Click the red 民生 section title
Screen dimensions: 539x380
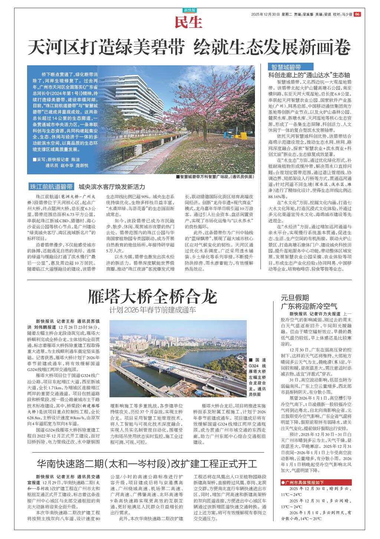189,23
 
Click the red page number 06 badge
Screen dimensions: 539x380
357,14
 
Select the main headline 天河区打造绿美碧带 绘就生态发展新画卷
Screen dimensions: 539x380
190,47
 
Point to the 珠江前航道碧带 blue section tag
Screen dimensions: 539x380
51,187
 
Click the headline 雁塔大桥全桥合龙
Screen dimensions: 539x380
152,297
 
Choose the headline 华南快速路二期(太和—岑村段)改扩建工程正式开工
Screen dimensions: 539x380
147,464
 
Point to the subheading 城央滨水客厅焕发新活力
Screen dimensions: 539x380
112,187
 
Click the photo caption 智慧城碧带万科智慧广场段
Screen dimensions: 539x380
215,177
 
